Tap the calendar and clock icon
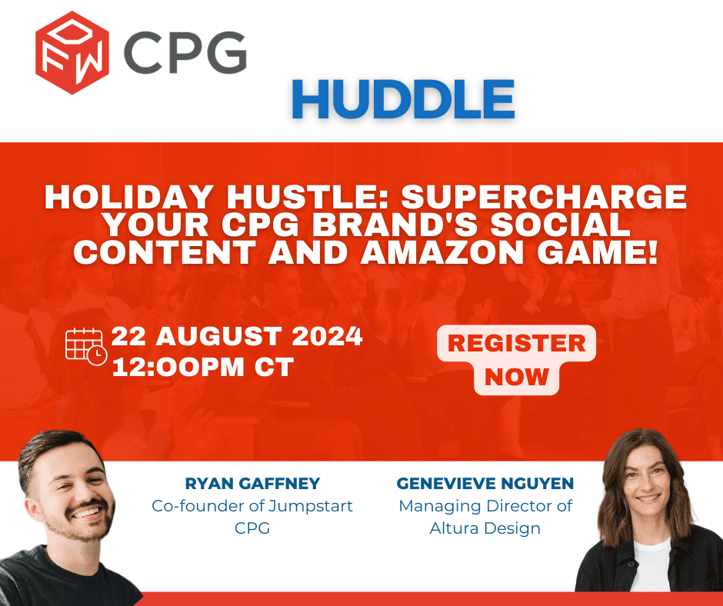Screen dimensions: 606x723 (x=85, y=347)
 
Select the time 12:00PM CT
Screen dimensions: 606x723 (x=203, y=367)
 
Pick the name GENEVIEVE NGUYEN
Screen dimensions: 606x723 (x=485, y=484)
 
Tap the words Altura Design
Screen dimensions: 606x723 (x=485, y=528)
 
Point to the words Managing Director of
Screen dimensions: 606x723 (x=485, y=506)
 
